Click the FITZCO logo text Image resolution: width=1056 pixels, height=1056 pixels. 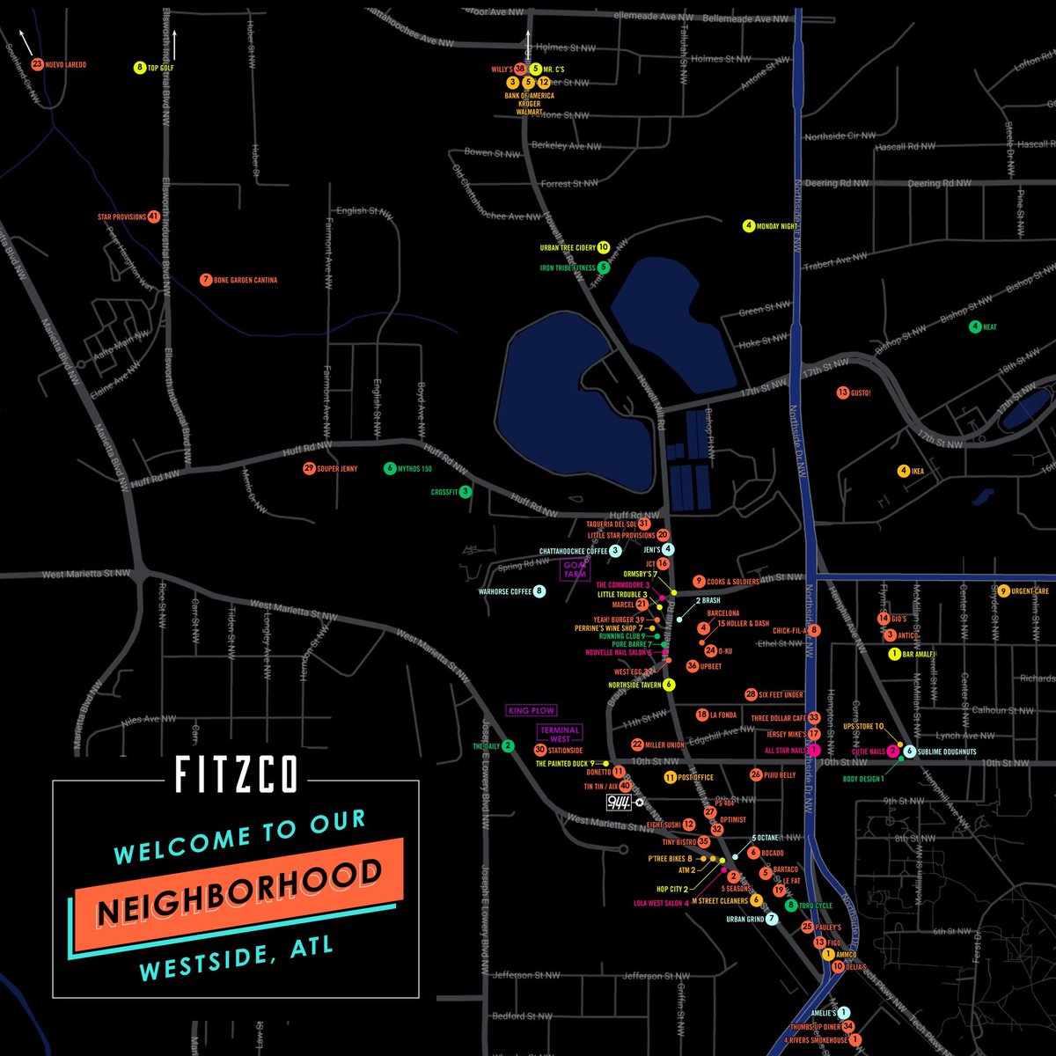click(x=236, y=774)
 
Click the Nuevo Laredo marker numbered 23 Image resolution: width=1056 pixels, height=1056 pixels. click(x=37, y=64)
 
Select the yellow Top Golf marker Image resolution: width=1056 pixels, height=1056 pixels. click(x=139, y=67)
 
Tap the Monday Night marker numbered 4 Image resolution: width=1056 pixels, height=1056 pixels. click(x=749, y=225)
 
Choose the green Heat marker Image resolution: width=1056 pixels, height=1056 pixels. click(x=975, y=327)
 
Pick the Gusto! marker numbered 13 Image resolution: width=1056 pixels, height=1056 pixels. click(x=842, y=392)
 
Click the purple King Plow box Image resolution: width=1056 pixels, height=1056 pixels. click(x=532, y=710)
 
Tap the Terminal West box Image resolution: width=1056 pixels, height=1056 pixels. click(x=560, y=735)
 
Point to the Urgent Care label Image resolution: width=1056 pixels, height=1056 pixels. click(x=1030, y=591)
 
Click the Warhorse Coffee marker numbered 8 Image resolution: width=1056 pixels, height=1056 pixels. click(x=539, y=591)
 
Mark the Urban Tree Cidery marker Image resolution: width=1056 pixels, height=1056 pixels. click(x=603, y=247)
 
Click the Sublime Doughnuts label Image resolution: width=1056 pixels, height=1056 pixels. click(x=947, y=752)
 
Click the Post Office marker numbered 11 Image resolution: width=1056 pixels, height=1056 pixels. click(x=670, y=777)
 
